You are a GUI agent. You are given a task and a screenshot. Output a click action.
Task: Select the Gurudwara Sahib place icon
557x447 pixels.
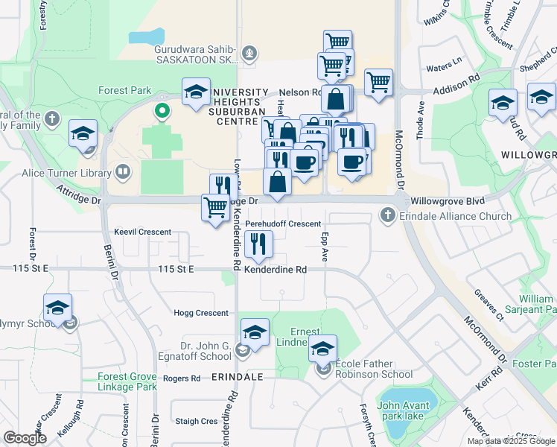point(249,53)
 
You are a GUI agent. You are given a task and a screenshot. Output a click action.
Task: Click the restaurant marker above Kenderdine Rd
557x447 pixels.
point(258,244)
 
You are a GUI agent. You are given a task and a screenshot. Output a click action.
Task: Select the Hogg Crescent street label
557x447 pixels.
point(201,313)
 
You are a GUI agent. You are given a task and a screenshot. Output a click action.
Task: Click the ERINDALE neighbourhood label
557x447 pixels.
point(238,377)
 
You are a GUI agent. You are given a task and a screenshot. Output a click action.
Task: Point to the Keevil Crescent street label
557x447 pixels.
point(142,232)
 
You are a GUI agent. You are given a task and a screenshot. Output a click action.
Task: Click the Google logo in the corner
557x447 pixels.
point(25,438)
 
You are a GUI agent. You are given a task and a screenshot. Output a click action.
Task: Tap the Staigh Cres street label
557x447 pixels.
point(197,421)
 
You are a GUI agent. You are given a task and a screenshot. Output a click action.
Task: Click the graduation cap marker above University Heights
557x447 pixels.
point(196,93)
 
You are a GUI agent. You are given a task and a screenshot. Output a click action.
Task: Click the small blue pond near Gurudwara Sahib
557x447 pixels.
point(146,36)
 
